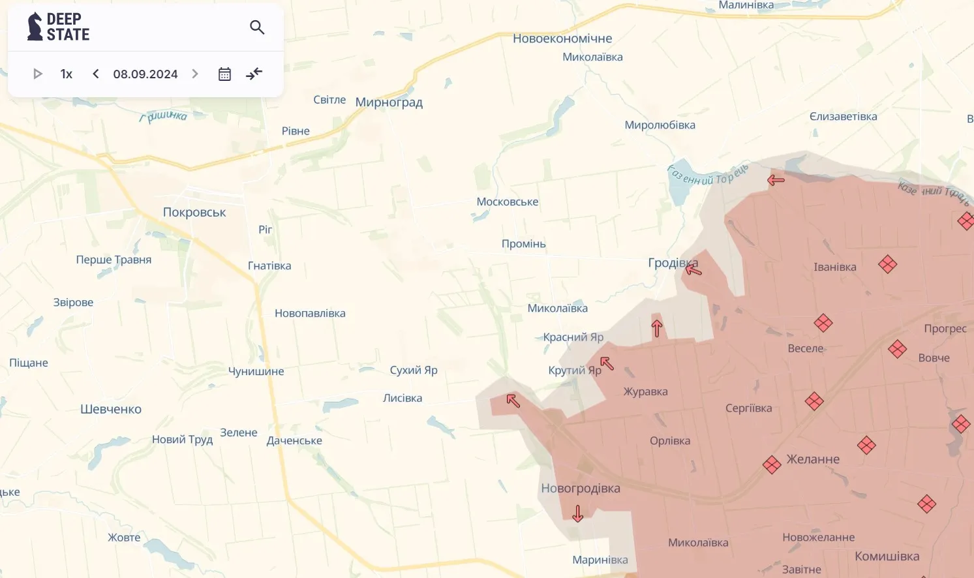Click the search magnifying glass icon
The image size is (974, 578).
[x=257, y=27]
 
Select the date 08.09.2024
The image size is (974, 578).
[x=145, y=74]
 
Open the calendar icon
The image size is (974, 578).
[x=224, y=74]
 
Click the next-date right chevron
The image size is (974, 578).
[x=195, y=74]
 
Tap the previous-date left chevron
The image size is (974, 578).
[x=96, y=74]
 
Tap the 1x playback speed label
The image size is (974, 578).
[x=66, y=74]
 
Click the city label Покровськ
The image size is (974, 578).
[x=194, y=212]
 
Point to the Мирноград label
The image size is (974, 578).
[x=389, y=102]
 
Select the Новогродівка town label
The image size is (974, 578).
[x=581, y=488]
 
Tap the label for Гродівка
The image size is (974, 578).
[x=673, y=262]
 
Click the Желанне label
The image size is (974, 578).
[x=813, y=459]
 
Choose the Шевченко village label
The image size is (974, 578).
[x=111, y=409]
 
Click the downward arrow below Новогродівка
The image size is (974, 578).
[x=577, y=513]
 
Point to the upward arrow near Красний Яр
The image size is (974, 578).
[x=657, y=328]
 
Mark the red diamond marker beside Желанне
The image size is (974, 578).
[x=772, y=464]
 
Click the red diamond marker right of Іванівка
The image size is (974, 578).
[x=887, y=264]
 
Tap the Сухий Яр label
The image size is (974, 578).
[x=414, y=370]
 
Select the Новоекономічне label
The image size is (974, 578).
[x=562, y=38]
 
